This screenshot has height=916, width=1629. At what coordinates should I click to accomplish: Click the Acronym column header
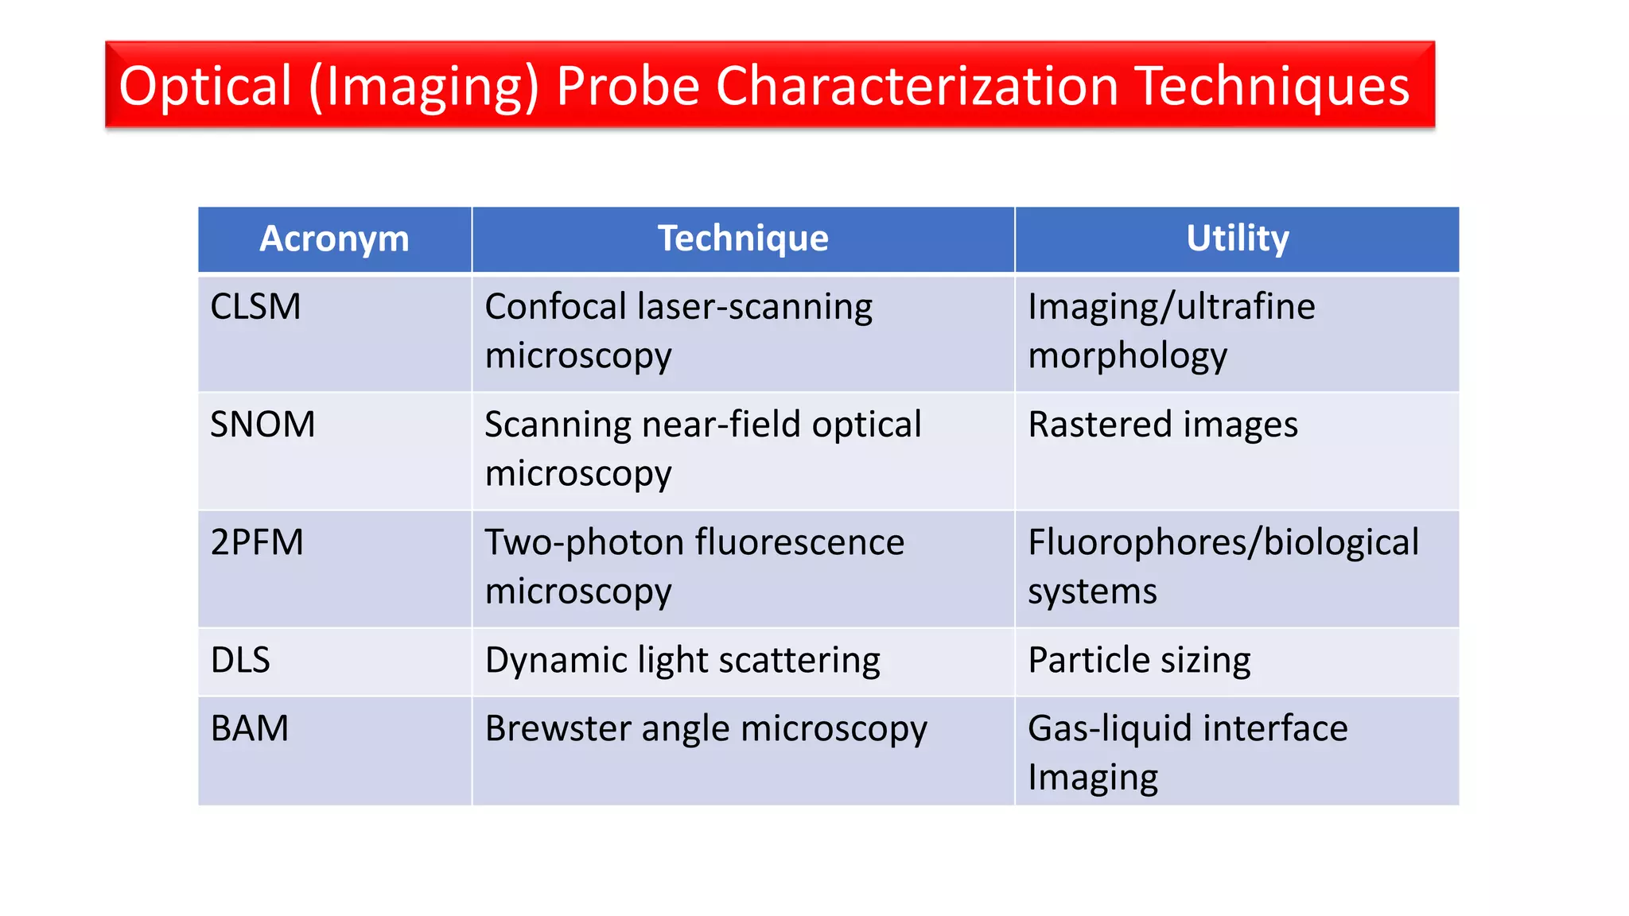334,239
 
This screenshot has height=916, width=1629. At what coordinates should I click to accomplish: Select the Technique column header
743,239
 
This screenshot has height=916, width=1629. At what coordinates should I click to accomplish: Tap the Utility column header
1237,239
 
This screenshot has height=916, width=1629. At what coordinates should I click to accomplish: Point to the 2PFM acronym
257,542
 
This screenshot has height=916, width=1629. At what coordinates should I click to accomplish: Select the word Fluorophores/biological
1223,542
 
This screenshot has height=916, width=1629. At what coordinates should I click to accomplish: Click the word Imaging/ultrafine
1172,307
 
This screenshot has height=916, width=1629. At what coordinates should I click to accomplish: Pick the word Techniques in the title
1273,86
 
